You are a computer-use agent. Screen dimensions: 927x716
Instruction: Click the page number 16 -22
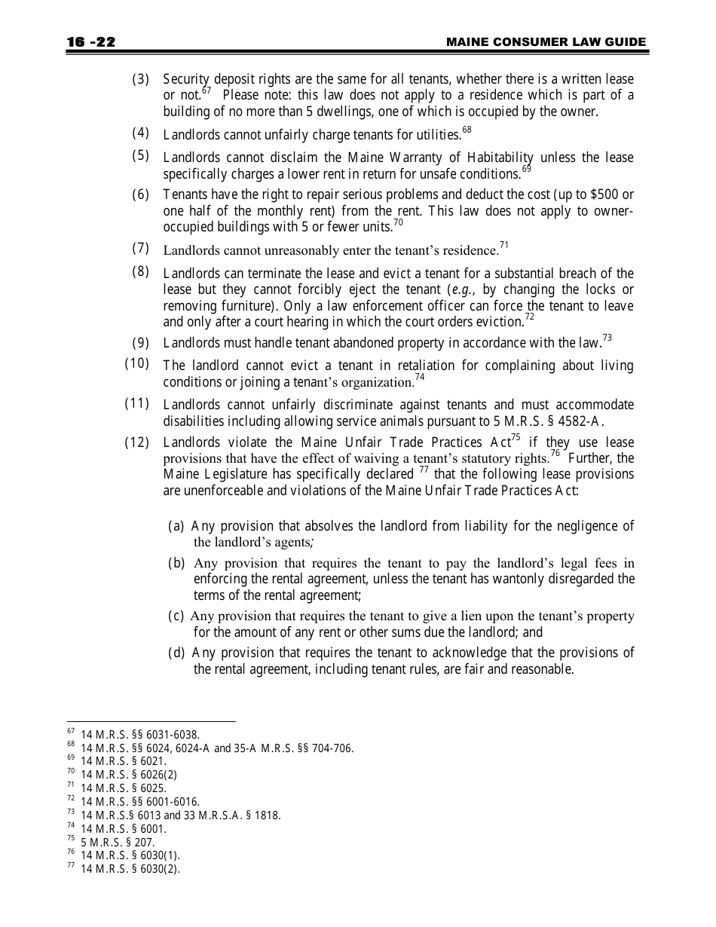[x=90, y=42]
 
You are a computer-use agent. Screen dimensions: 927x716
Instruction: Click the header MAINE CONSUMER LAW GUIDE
[x=546, y=42]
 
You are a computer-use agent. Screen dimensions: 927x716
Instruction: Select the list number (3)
[x=141, y=79]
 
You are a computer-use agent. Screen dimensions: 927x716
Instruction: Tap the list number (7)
[x=141, y=248]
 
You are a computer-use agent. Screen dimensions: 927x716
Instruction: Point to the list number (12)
[x=137, y=442]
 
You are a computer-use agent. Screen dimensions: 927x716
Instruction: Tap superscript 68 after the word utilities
[x=467, y=130]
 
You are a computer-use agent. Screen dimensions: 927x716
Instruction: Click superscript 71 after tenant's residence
[x=504, y=245]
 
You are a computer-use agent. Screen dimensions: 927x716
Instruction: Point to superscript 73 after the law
[x=607, y=338]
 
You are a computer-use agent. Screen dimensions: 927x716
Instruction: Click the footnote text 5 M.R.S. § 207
[x=113, y=842]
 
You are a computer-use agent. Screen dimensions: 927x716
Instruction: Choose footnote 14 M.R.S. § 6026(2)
[x=129, y=774]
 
